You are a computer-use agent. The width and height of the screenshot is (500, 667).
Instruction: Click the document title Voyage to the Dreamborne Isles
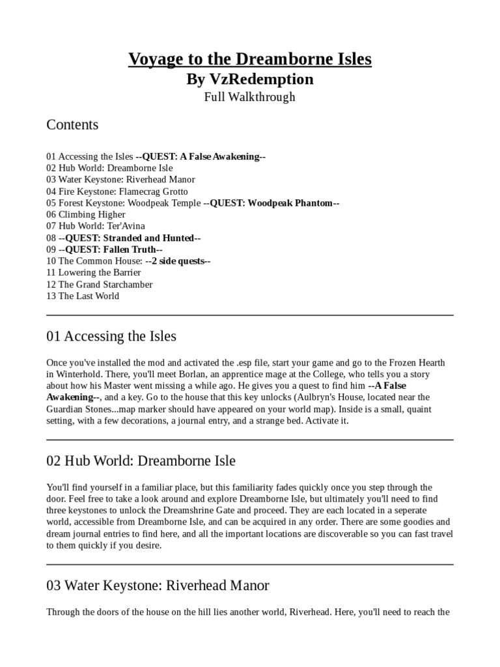coord(250,59)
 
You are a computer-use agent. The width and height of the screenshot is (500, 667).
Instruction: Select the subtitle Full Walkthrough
coord(250,97)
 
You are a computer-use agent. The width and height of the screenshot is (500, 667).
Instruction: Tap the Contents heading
coord(72,124)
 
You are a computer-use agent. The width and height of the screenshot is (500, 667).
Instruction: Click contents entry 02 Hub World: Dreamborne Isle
coord(109,168)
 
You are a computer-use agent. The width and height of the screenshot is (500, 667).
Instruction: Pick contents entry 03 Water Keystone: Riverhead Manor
coord(120,180)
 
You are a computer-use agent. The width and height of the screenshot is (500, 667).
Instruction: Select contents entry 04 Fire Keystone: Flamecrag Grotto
coord(117,192)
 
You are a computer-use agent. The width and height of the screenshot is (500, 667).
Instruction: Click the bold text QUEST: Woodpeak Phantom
coord(271,203)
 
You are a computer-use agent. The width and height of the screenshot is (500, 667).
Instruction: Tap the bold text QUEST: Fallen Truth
coord(110,249)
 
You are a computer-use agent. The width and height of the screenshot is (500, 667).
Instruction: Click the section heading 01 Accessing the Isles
coord(111,337)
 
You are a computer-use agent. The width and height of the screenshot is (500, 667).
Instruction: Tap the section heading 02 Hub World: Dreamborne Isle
coord(141,461)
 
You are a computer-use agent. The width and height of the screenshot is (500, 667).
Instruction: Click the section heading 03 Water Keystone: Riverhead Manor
coord(158,586)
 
